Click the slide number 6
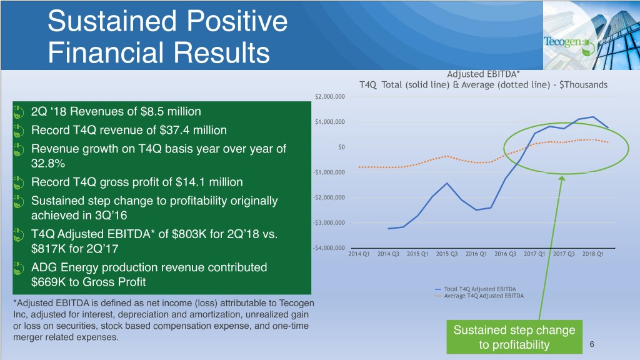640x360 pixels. [592, 344]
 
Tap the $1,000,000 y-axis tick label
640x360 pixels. [330, 122]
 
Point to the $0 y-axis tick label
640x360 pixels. [341, 147]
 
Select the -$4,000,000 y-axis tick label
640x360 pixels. [329, 247]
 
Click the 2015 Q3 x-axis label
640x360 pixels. [446, 254]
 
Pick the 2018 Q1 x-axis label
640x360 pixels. [592, 254]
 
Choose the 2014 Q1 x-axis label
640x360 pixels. [359, 254]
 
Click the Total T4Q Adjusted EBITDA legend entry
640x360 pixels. [476, 289]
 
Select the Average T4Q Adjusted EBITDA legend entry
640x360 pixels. [479, 296]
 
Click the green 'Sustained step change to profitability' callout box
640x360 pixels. [514, 337]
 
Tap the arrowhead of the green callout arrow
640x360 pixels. [562, 178]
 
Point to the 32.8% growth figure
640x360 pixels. [48, 163]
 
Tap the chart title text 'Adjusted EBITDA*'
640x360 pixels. [483, 74]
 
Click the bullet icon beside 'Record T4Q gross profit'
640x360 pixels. [18, 182]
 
